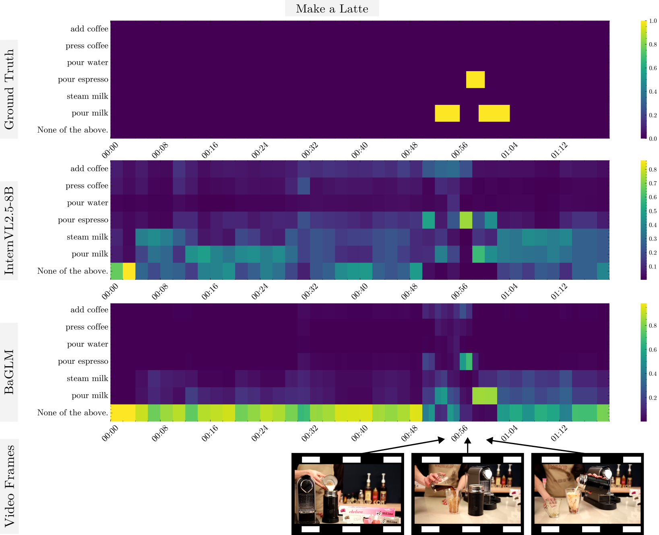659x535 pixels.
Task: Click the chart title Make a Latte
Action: (x=332, y=9)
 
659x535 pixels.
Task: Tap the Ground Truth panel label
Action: (x=9, y=89)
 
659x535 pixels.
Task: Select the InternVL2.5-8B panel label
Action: (x=9, y=230)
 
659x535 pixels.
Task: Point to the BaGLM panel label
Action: (x=9, y=372)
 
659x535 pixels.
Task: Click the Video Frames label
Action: (x=9, y=486)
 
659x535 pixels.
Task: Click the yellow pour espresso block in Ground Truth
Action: (x=475, y=80)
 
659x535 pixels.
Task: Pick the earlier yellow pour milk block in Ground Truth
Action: (x=447, y=113)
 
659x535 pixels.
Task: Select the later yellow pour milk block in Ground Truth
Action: (x=494, y=113)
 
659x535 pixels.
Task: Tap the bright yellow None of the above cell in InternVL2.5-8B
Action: (x=129, y=271)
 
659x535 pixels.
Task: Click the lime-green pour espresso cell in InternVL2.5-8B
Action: (x=466, y=220)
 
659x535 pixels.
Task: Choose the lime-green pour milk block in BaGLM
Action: (x=484, y=396)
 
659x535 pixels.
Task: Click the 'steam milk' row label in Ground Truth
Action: (x=87, y=96)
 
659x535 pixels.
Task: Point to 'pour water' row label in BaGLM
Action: (x=87, y=344)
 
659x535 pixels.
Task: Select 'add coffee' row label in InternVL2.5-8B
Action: (x=89, y=169)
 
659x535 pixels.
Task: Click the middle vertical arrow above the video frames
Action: (x=467, y=446)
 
